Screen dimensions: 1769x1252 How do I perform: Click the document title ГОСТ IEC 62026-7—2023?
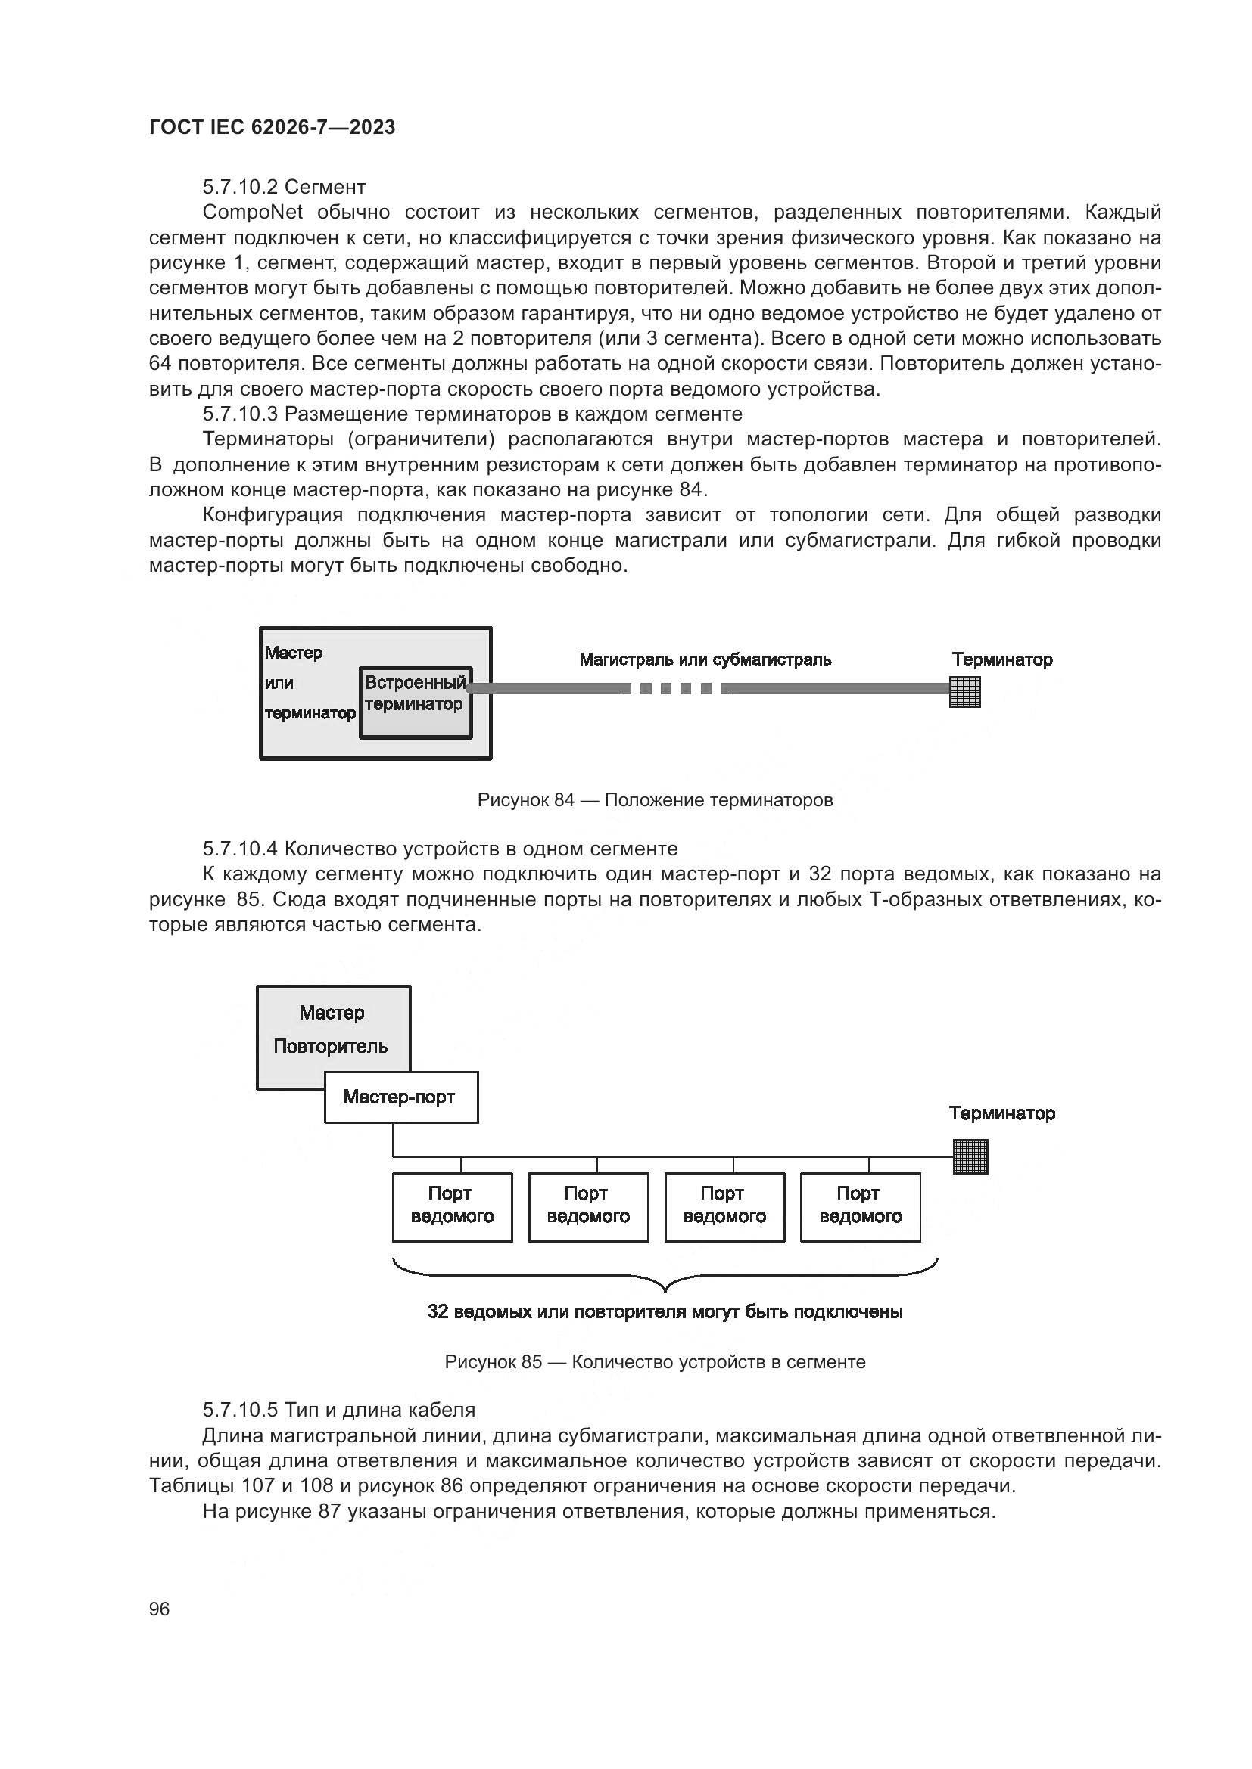point(272,127)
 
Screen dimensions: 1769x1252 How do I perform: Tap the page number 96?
point(159,1609)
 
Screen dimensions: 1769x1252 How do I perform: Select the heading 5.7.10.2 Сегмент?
point(284,187)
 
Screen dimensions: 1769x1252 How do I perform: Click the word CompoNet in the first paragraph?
point(252,212)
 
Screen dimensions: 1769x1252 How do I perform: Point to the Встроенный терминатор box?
point(416,703)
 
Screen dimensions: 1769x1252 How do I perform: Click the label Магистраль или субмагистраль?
point(705,659)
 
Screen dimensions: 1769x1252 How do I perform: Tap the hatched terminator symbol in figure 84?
point(964,691)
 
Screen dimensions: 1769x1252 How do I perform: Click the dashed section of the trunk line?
point(676,689)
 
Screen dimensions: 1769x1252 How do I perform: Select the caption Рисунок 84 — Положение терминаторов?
point(655,799)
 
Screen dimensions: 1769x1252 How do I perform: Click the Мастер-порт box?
point(401,1097)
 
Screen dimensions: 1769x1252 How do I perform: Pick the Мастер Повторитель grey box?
point(332,1029)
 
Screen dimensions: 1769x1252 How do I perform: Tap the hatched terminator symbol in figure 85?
point(970,1156)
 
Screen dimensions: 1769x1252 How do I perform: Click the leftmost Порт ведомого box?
point(453,1207)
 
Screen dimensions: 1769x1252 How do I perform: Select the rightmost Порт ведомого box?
point(861,1207)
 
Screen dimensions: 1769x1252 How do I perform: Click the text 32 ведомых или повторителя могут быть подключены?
point(665,1312)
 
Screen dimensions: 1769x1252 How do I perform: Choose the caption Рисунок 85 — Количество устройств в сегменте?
point(655,1361)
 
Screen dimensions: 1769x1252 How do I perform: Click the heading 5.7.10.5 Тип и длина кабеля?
point(339,1410)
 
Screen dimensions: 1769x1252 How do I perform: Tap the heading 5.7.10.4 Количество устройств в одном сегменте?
point(441,849)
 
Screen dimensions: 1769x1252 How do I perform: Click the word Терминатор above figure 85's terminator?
point(1001,1113)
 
